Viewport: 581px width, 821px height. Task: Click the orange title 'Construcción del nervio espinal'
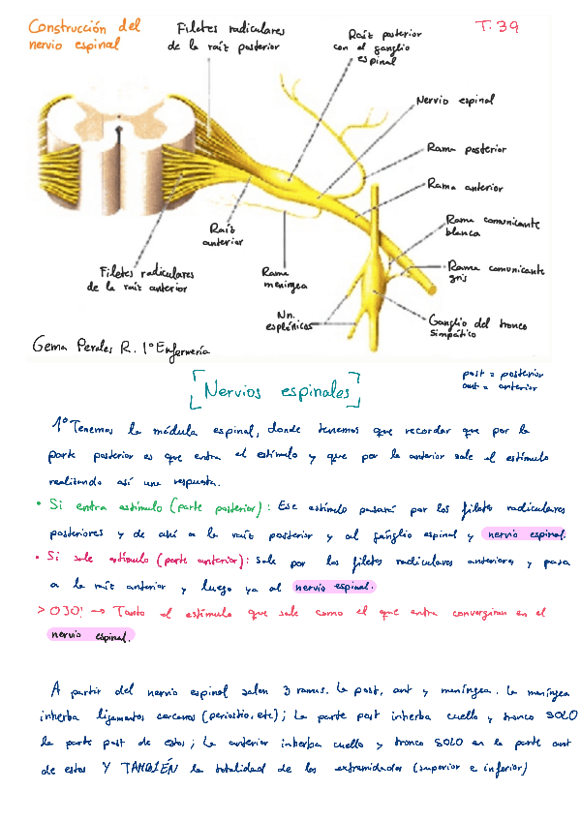point(84,35)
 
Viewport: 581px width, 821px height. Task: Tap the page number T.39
point(498,27)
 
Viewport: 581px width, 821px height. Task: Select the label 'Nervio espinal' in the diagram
point(454,100)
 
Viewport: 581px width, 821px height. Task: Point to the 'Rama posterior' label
point(467,149)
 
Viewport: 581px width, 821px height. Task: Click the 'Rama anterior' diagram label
point(465,184)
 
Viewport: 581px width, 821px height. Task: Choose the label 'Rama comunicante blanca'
point(491,227)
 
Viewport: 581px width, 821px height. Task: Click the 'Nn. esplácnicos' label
point(293,320)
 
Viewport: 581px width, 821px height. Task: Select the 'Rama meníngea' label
point(284,279)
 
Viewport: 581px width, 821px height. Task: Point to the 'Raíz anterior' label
point(224,234)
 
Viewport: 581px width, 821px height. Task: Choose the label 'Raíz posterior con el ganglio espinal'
point(370,46)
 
